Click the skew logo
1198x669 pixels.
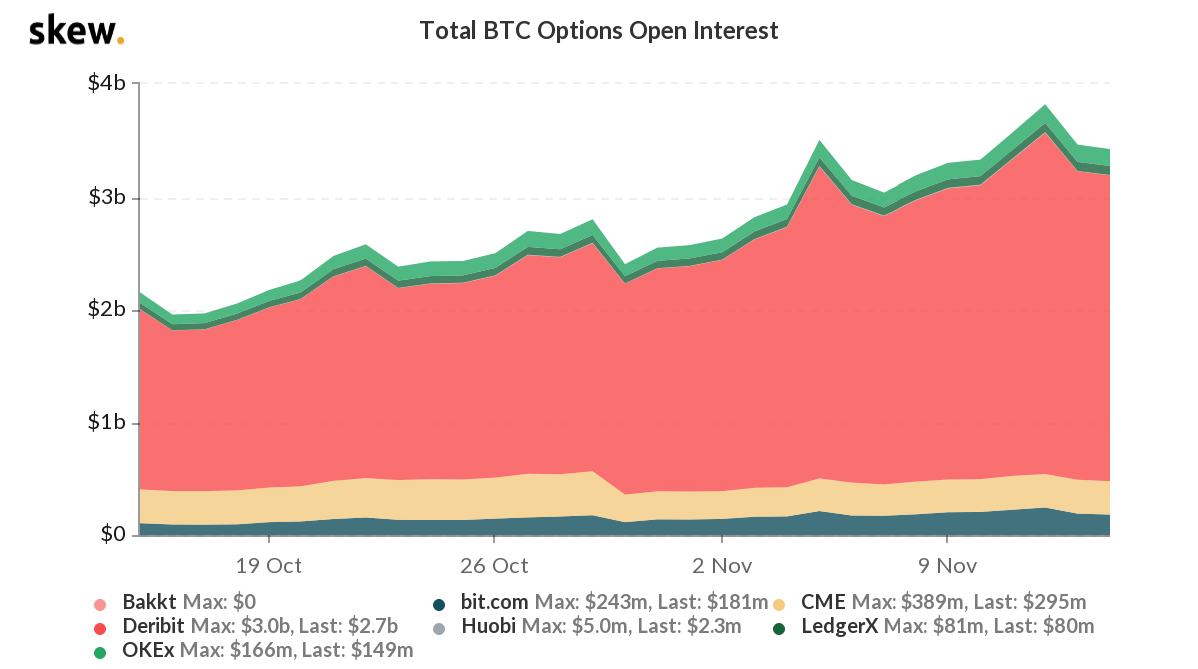point(76,31)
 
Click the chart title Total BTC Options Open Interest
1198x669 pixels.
point(598,31)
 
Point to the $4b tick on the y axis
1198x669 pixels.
point(105,83)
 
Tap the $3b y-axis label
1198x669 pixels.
point(105,197)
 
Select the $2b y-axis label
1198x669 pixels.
point(105,310)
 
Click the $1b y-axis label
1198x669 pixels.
point(105,423)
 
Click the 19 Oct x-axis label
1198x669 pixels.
point(269,566)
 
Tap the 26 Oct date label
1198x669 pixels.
point(495,566)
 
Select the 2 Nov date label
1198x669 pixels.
point(721,566)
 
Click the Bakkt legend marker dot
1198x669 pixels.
point(99,604)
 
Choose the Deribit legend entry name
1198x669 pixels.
point(154,627)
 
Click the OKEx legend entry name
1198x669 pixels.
point(149,651)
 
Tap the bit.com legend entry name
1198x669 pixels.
point(495,603)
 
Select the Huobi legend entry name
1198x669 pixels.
point(486,627)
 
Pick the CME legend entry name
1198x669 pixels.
point(823,603)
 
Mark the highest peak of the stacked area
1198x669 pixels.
point(1045,105)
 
